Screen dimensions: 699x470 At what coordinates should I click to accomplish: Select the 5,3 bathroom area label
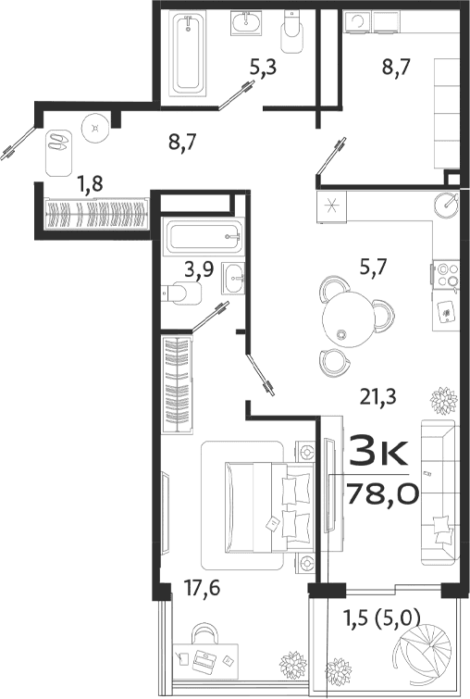coord(264,67)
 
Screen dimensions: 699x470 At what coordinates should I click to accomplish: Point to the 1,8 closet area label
coord(90,183)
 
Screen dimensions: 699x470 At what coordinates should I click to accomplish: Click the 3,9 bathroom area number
coord(196,269)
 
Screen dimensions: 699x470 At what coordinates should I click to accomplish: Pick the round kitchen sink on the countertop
coord(448,202)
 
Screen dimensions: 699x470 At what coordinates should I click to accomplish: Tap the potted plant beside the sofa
coord(443,402)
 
